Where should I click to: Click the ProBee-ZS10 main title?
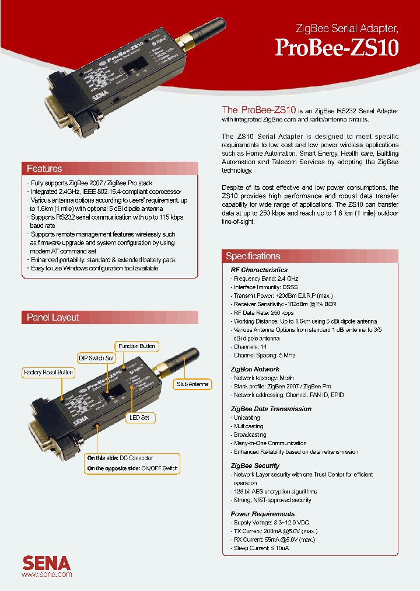coord(337,47)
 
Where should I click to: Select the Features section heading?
coord(44,169)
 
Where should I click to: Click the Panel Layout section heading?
coord(52,318)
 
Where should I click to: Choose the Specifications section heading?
coord(253,256)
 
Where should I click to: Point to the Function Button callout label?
coord(136,346)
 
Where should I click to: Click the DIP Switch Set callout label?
coord(97,358)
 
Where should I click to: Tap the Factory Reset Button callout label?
coord(48,373)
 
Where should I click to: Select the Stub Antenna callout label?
coord(192,384)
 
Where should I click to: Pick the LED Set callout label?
coord(140,418)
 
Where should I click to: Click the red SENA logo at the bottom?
coord(47,563)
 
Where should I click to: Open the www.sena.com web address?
coord(47,575)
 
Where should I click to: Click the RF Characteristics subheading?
coord(259,270)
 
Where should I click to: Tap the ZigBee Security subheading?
coord(255,465)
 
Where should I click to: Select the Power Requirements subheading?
coord(262,514)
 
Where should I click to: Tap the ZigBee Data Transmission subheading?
coord(271,409)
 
